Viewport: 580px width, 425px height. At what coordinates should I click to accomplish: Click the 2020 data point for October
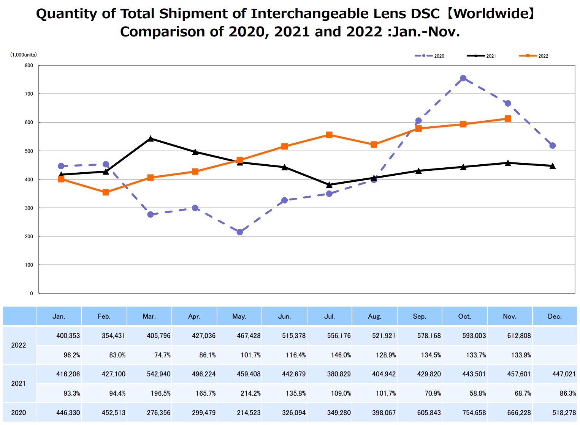tap(463, 79)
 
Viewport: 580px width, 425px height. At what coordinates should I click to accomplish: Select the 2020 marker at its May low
tap(240, 232)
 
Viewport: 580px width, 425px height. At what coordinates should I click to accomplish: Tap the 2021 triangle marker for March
tap(151, 139)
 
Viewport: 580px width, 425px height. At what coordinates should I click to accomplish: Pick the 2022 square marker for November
tap(508, 119)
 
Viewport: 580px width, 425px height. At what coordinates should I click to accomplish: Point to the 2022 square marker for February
tap(106, 192)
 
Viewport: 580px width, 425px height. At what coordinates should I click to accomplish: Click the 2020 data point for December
tap(553, 146)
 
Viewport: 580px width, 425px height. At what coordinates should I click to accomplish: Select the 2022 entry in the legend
tap(534, 56)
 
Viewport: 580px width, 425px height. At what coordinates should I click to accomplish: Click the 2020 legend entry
tap(429, 56)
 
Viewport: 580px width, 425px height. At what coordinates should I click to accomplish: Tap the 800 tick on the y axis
tap(29, 65)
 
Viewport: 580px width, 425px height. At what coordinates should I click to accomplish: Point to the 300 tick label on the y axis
tap(29, 208)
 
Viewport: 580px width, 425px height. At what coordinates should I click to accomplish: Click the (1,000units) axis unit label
tap(24, 55)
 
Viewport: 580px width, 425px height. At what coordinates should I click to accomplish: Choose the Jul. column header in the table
tap(330, 316)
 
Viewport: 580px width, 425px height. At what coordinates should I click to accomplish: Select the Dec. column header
tap(555, 316)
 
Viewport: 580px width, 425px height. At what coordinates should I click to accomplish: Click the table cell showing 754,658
tap(474, 412)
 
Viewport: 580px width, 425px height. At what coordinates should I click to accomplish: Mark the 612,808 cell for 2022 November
tap(519, 336)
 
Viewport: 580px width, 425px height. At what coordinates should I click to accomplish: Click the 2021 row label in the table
tap(19, 383)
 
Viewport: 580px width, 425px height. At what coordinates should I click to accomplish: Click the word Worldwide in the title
tap(490, 14)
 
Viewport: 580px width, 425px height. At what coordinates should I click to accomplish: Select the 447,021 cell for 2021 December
tap(564, 374)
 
